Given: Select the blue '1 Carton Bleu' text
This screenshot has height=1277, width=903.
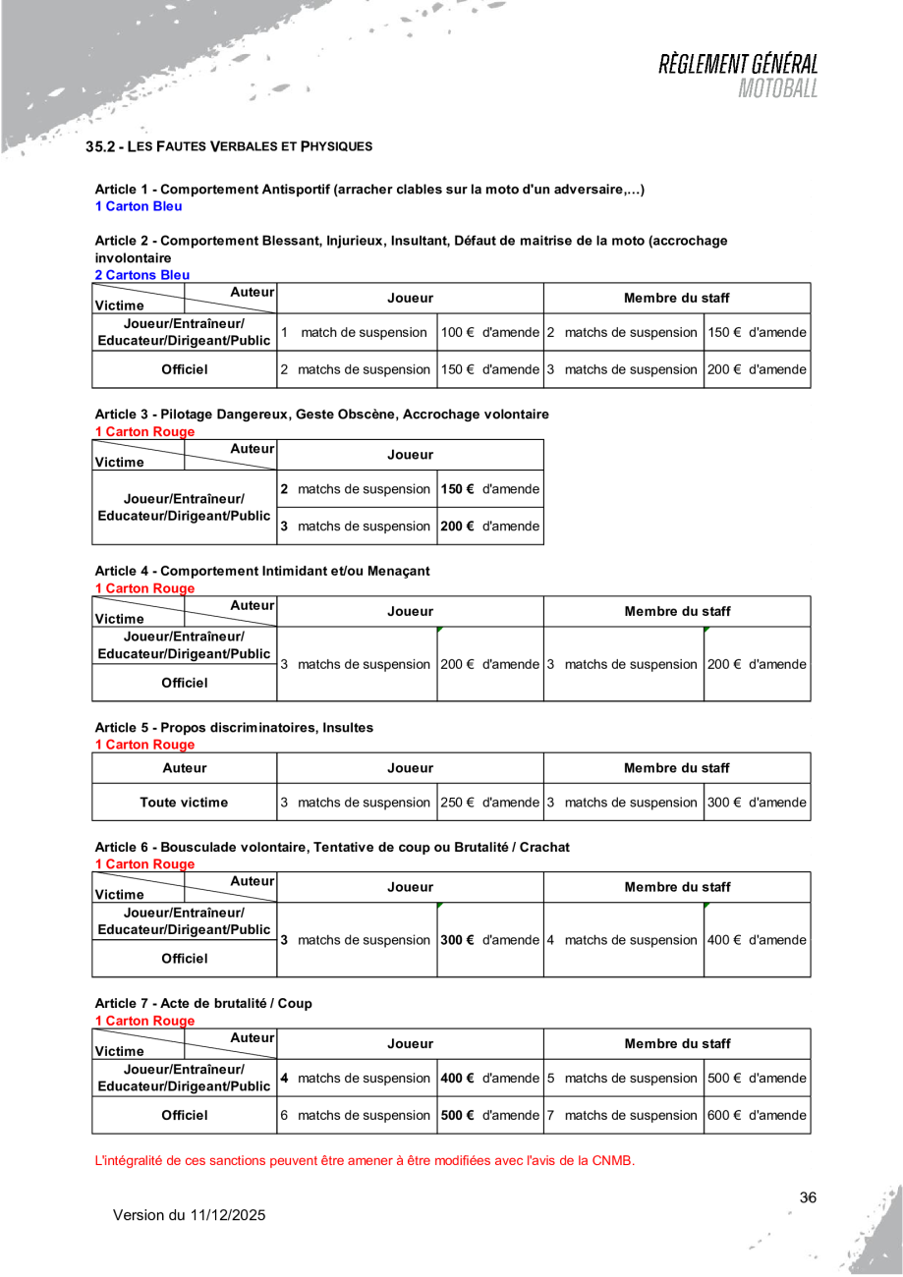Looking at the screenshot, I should pyautogui.click(x=138, y=206).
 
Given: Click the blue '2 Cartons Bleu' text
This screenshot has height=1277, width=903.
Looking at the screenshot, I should pyautogui.click(x=141, y=275).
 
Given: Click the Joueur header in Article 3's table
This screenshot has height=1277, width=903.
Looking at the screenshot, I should pyautogui.click(x=411, y=454).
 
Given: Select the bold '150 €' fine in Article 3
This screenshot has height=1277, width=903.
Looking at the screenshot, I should pyautogui.click(x=458, y=488).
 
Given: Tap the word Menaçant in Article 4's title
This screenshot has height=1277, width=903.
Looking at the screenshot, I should pyautogui.click(x=398, y=570).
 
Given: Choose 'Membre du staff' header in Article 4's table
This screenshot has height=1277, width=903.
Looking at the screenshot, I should pyautogui.click(x=677, y=611).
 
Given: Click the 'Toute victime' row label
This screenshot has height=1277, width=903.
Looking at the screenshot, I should pyautogui.click(x=184, y=802).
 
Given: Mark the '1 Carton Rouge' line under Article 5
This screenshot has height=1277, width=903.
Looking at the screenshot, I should pyautogui.click(x=144, y=745).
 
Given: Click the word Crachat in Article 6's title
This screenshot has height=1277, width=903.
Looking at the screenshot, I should pyautogui.click(x=545, y=846).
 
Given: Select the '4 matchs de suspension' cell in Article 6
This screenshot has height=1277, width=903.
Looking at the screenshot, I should pyautogui.click(x=623, y=940).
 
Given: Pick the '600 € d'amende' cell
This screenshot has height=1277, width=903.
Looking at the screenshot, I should pyautogui.click(x=757, y=1115).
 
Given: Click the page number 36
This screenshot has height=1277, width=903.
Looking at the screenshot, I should pyautogui.click(x=808, y=1197).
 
